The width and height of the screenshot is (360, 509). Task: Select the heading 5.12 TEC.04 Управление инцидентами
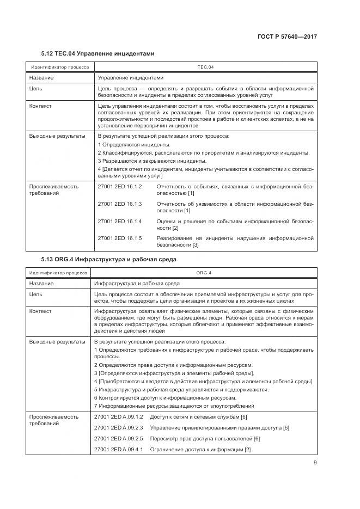coord(98,54)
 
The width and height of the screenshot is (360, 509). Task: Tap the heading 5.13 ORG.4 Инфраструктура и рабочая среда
coord(109,259)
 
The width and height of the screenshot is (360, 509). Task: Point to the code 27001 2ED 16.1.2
coord(120,186)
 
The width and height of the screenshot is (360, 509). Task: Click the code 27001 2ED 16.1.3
coord(120,204)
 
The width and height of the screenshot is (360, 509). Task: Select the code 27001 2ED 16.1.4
coord(120,221)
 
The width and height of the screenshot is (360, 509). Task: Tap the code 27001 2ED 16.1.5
coord(120,238)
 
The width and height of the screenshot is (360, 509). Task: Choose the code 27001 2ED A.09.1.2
coord(119,416)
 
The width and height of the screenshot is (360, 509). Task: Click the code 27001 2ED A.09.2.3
coord(119,427)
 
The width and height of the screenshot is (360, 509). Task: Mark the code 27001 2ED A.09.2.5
coord(119,438)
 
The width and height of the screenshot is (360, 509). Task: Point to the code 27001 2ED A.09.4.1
coord(119,449)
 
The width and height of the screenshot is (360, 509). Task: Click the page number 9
coord(315,463)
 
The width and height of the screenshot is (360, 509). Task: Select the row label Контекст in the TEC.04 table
coord(40,106)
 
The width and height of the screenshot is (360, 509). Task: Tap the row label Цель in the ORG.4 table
coord(35,294)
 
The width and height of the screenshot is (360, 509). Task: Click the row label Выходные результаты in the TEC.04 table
coord(57,136)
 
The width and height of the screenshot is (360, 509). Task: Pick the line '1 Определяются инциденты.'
coord(134,144)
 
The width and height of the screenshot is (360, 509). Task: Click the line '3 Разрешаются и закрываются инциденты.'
coord(152,161)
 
